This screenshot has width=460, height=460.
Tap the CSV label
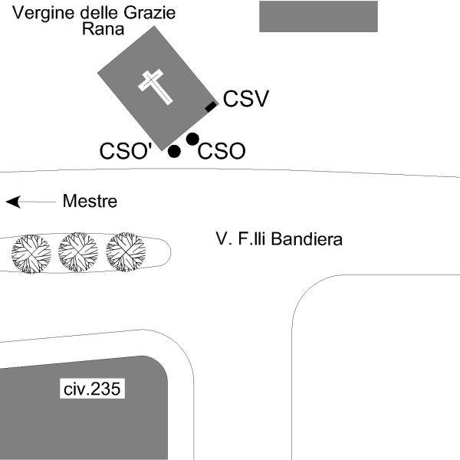pos(245,99)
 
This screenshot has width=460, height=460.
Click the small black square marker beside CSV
pos(211,107)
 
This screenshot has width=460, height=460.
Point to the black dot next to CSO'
pos(174,151)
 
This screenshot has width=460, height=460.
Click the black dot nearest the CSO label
pos(192,139)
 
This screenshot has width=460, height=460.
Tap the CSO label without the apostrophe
pos(222,152)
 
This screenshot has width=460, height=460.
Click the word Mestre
pos(90,202)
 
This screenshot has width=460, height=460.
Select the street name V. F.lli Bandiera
pos(279,240)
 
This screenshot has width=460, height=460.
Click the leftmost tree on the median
pos(31,253)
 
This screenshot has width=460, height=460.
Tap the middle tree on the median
pos(78,252)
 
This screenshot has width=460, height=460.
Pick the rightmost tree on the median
pos(126,252)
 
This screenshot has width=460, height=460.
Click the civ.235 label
pos(92,389)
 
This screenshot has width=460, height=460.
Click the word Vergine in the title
pos(38,13)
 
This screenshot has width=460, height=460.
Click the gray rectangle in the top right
pos(318,16)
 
